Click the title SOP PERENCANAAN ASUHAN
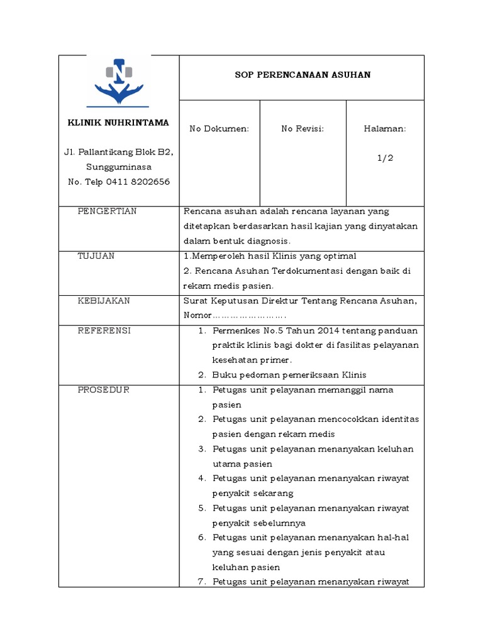pyautogui.click(x=302, y=75)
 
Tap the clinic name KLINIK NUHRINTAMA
pyautogui.click(x=118, y=122)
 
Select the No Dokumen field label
pyautogui.click(x=219, y=129)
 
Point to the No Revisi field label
pyautogui.click(x=303, y=129)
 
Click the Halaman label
pyautogui.click(x=385, y=129)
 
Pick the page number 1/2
pyautogui.click(x=385, y=158)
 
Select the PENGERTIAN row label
pyautogui.click(x=107, y=211)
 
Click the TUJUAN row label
pyautogui.click(x=96, y=256)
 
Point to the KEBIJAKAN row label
pyautogui.click(x=104, y=301)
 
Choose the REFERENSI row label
pyautogui.click(x=104, y=330)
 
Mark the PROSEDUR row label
pyautogui.click(x=103, y=390)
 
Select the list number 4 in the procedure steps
pyautogui.click(x=202, y=478)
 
